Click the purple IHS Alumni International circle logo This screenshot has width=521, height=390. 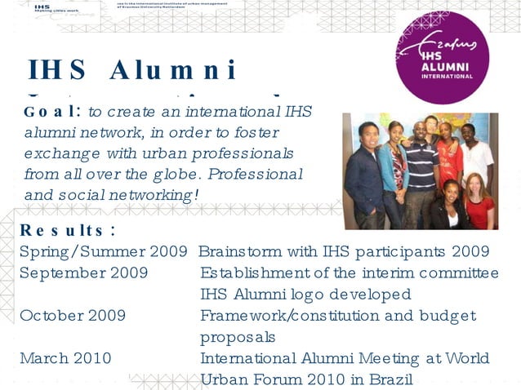pyautogui.click(x=445, y=57)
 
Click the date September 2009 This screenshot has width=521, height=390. pyautogui.click(x=83, y=273)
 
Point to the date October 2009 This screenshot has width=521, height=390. pyautogui.click(x=73, y=315)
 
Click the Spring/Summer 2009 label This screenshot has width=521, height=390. pyautogui.click(x=104, y=251)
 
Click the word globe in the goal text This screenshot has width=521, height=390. pyautogui.click(x=168, y=174)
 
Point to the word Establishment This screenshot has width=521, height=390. pyautogui.click(x=255, y=273)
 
